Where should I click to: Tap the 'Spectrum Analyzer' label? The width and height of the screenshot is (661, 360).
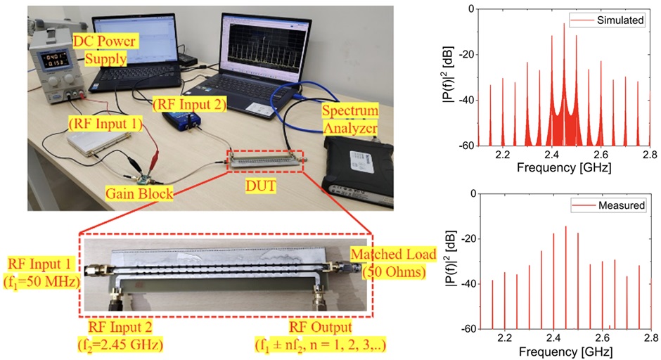click(349, 120)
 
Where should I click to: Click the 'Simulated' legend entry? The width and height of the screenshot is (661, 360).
click(617, 20)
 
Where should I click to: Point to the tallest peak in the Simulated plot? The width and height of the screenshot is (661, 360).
click(564, 25)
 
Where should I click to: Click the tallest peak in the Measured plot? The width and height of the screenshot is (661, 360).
click(565, 226)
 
